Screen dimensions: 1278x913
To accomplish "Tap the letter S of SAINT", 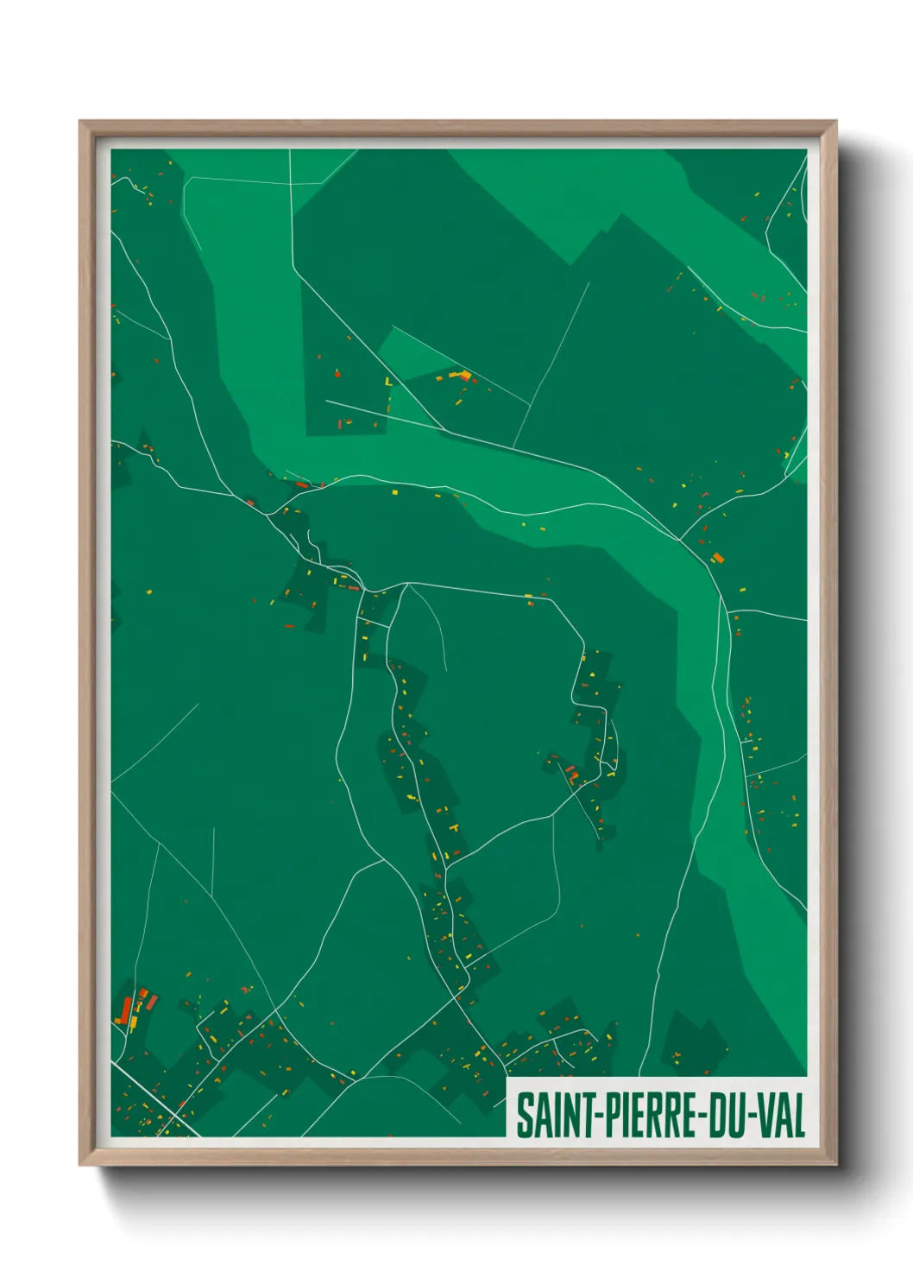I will click(x=524, y=1116).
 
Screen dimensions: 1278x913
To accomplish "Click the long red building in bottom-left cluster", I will click(x=126, y=1009).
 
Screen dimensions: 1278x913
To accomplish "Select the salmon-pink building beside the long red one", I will click(x=153, y=1002).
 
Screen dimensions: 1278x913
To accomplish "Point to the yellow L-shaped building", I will click(x=388, y=381).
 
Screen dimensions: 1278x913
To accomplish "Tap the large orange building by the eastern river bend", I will click(x=717, y=557).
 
